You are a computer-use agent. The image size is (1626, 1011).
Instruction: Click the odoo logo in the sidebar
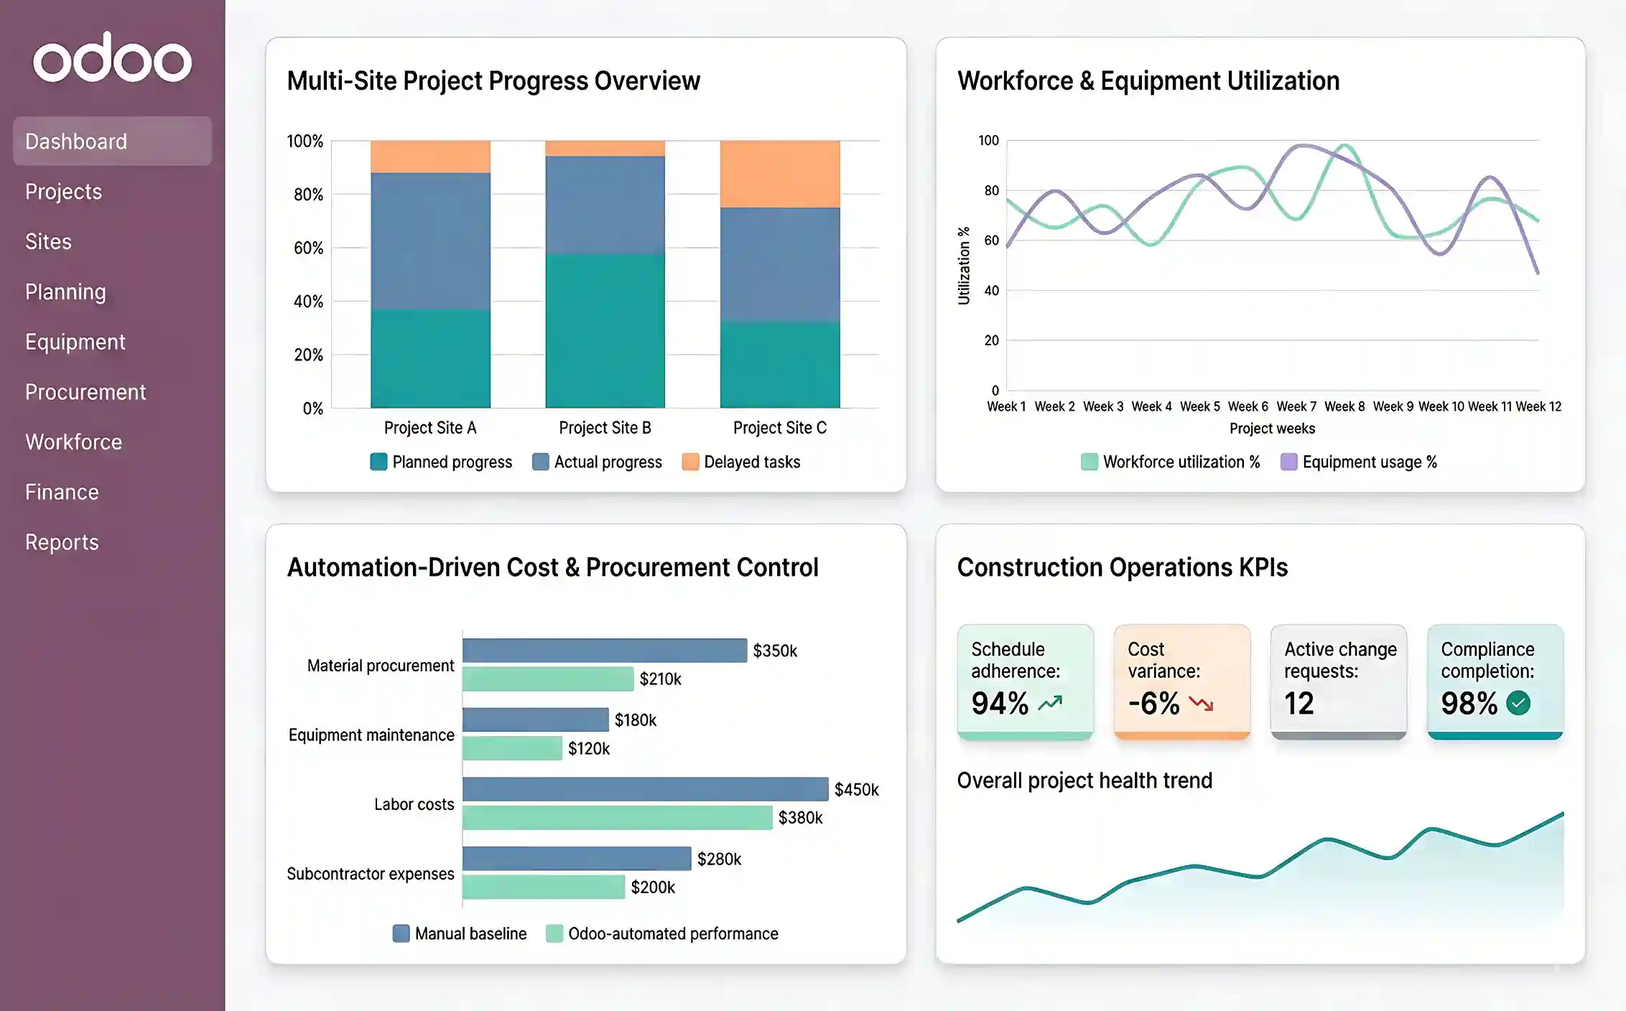112,57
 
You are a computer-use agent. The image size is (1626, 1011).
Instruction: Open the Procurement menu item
85,392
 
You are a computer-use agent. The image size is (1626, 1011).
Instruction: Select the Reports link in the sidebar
62,542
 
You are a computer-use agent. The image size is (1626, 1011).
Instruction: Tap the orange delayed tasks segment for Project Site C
779,174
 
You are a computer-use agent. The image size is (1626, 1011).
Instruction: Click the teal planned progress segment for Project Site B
605,330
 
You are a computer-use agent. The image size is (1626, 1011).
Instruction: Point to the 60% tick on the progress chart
309,248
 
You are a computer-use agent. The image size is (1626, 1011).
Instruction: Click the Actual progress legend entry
597,462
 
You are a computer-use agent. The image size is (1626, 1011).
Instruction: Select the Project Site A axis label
429,428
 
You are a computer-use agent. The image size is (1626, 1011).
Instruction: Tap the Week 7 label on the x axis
1296,406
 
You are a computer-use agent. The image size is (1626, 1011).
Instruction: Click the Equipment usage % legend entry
1359,462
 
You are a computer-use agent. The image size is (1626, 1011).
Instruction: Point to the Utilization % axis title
964,266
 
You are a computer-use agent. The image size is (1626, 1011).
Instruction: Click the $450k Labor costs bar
644,789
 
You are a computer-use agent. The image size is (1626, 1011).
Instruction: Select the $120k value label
588,748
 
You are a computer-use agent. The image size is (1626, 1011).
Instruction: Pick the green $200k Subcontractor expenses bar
543,887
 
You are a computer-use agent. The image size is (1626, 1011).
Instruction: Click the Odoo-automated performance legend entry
661,933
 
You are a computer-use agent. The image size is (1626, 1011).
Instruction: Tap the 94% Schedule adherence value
1000,703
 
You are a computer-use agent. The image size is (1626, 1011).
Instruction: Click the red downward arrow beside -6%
1201,704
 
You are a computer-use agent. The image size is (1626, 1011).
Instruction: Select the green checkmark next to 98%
1518,703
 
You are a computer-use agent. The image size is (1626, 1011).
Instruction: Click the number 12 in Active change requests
1299,703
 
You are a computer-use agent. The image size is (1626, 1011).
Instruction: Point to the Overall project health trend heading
1084,781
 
